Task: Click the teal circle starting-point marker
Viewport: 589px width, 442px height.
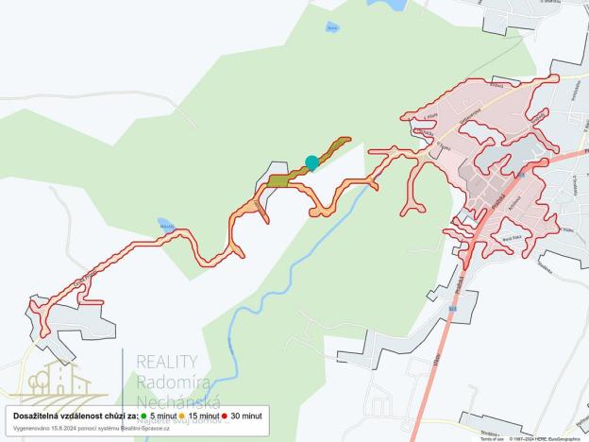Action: (311, 162)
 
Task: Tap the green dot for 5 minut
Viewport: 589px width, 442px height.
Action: (143, 416)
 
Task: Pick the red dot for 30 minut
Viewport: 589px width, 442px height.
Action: (225, 416)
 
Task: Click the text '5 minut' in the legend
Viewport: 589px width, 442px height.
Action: (162, 416)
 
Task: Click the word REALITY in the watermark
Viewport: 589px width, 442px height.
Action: (167, 362)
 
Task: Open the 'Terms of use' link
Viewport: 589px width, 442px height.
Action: (492, 438)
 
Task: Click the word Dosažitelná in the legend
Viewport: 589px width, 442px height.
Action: (40, 416)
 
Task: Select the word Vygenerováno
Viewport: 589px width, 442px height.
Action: (31, 428)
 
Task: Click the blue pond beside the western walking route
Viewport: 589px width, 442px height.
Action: (166, 225)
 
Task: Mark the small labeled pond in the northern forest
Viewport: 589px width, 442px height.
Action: (331, 27)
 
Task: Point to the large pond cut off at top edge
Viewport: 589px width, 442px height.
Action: (388, 4)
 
